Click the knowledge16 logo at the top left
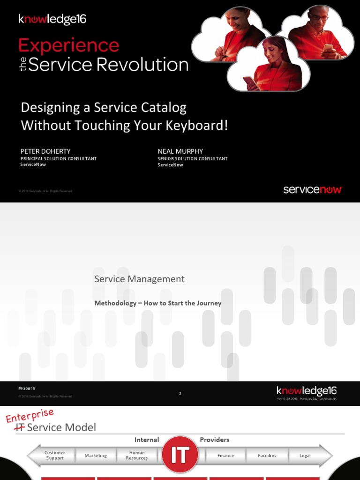(52, 20)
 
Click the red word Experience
(68, 46)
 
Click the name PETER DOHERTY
(45, 151)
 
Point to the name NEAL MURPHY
(180, 151)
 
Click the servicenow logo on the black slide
(313, 190)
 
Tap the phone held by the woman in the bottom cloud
(248, 81)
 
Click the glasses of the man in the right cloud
(321, 17)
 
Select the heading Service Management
(139, 279)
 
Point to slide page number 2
(180, 394)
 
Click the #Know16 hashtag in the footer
(27, 389)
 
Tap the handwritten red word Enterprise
(30, 415)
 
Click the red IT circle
(180, 455)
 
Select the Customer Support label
(55, 455)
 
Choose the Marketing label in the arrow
(96, 456)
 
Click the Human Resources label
(137, 455)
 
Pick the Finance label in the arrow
(225, 456)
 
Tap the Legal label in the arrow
(305, 456)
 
